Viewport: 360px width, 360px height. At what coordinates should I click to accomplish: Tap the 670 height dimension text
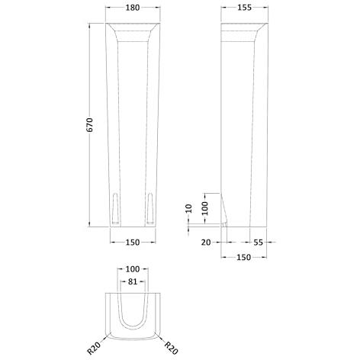pos(89,126)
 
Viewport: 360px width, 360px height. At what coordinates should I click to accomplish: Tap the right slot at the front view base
pos(150,207)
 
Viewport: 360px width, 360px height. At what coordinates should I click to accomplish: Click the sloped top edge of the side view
pos(252,31)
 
